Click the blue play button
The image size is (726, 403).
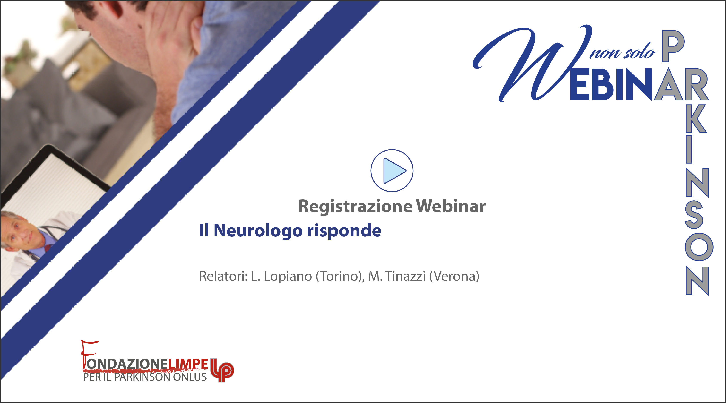click(392, 171)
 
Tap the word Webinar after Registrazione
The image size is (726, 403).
click(451, 206)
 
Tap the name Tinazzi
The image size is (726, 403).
click(405, 276)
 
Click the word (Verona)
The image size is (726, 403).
click(454, 276)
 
